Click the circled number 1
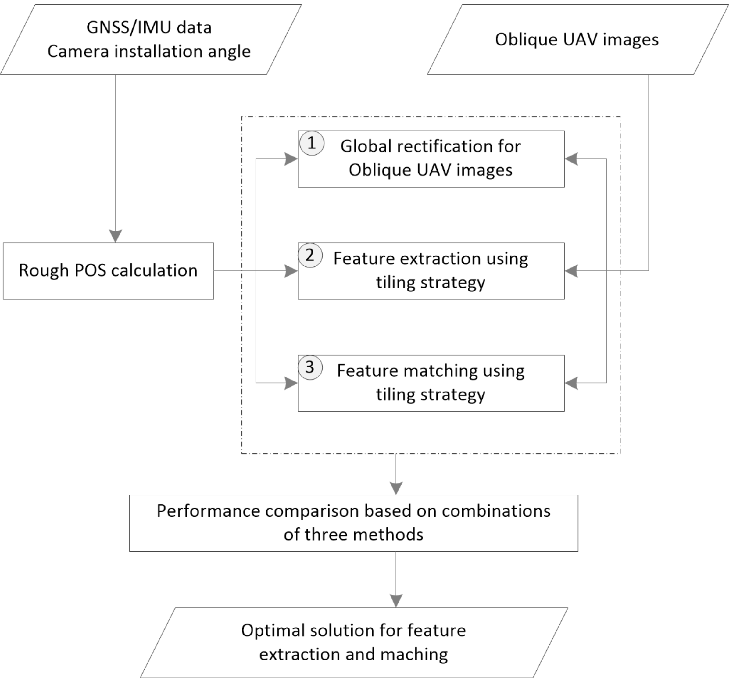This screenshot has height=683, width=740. pyautogui.click(x=312, y=143)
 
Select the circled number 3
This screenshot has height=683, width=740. pyautogui.click(x=310, y=367)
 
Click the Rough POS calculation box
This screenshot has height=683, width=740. pyautogui.click(x=108, y=270)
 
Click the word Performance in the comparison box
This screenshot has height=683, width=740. pyautogui.click(x=209, y=511)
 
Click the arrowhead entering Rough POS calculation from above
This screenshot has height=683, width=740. pyautogui.click(x=115, y=236)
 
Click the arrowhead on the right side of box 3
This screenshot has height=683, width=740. pyautogui.click(x=571, y=383)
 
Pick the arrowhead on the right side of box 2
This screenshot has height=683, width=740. pyautogui.click(x=571, y=271)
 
